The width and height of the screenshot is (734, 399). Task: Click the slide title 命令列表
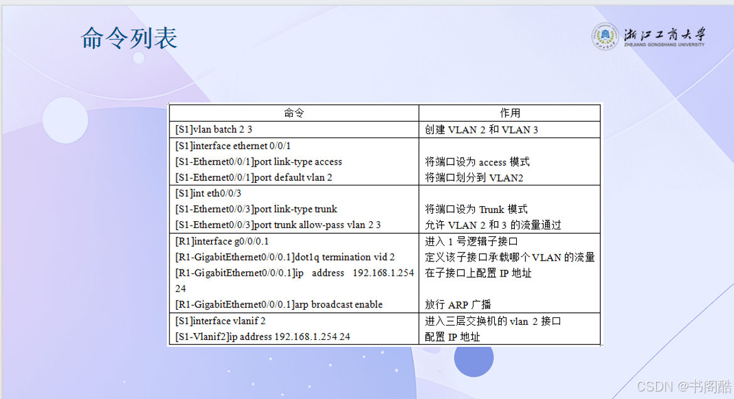click(x=129, y=38)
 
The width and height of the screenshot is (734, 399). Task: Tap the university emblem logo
click(x=605, y=36)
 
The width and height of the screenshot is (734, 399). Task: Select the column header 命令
click(x=294, y=113)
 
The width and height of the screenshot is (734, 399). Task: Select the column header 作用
click(x=510, y=113)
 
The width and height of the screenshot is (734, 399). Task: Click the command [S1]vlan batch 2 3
click(x=213, y=129)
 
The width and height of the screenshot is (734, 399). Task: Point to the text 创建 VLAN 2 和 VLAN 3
click(x=481, y=129)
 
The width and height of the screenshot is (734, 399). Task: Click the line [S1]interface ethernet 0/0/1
click(x=233, y=146)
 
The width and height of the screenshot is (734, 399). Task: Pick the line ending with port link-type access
click(x=259, y=161)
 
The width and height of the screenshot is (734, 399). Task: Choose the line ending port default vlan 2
click(x=253, y=177)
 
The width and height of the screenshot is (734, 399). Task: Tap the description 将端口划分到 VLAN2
click(x=473, y=178)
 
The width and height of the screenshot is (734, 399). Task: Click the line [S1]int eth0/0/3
click(x=208, y=193)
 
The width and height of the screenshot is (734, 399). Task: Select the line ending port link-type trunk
click(x=256, y=209)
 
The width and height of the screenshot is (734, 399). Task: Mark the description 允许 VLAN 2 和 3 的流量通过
click(x=492, y=225)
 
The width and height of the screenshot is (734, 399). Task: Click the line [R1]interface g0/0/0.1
click(x=222, y=241)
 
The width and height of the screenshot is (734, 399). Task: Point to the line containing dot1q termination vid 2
click(x=284, y=257)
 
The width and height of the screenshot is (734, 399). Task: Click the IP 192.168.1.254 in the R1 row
click(x=383, y=273)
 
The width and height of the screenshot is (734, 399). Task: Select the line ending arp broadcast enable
click(x=279, y=304)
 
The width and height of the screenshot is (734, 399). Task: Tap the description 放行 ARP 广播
click(x=457, y=305)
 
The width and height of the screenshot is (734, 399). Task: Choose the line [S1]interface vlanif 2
click(x=220, y=321)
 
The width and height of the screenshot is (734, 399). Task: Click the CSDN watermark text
click(x=683, y=386)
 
